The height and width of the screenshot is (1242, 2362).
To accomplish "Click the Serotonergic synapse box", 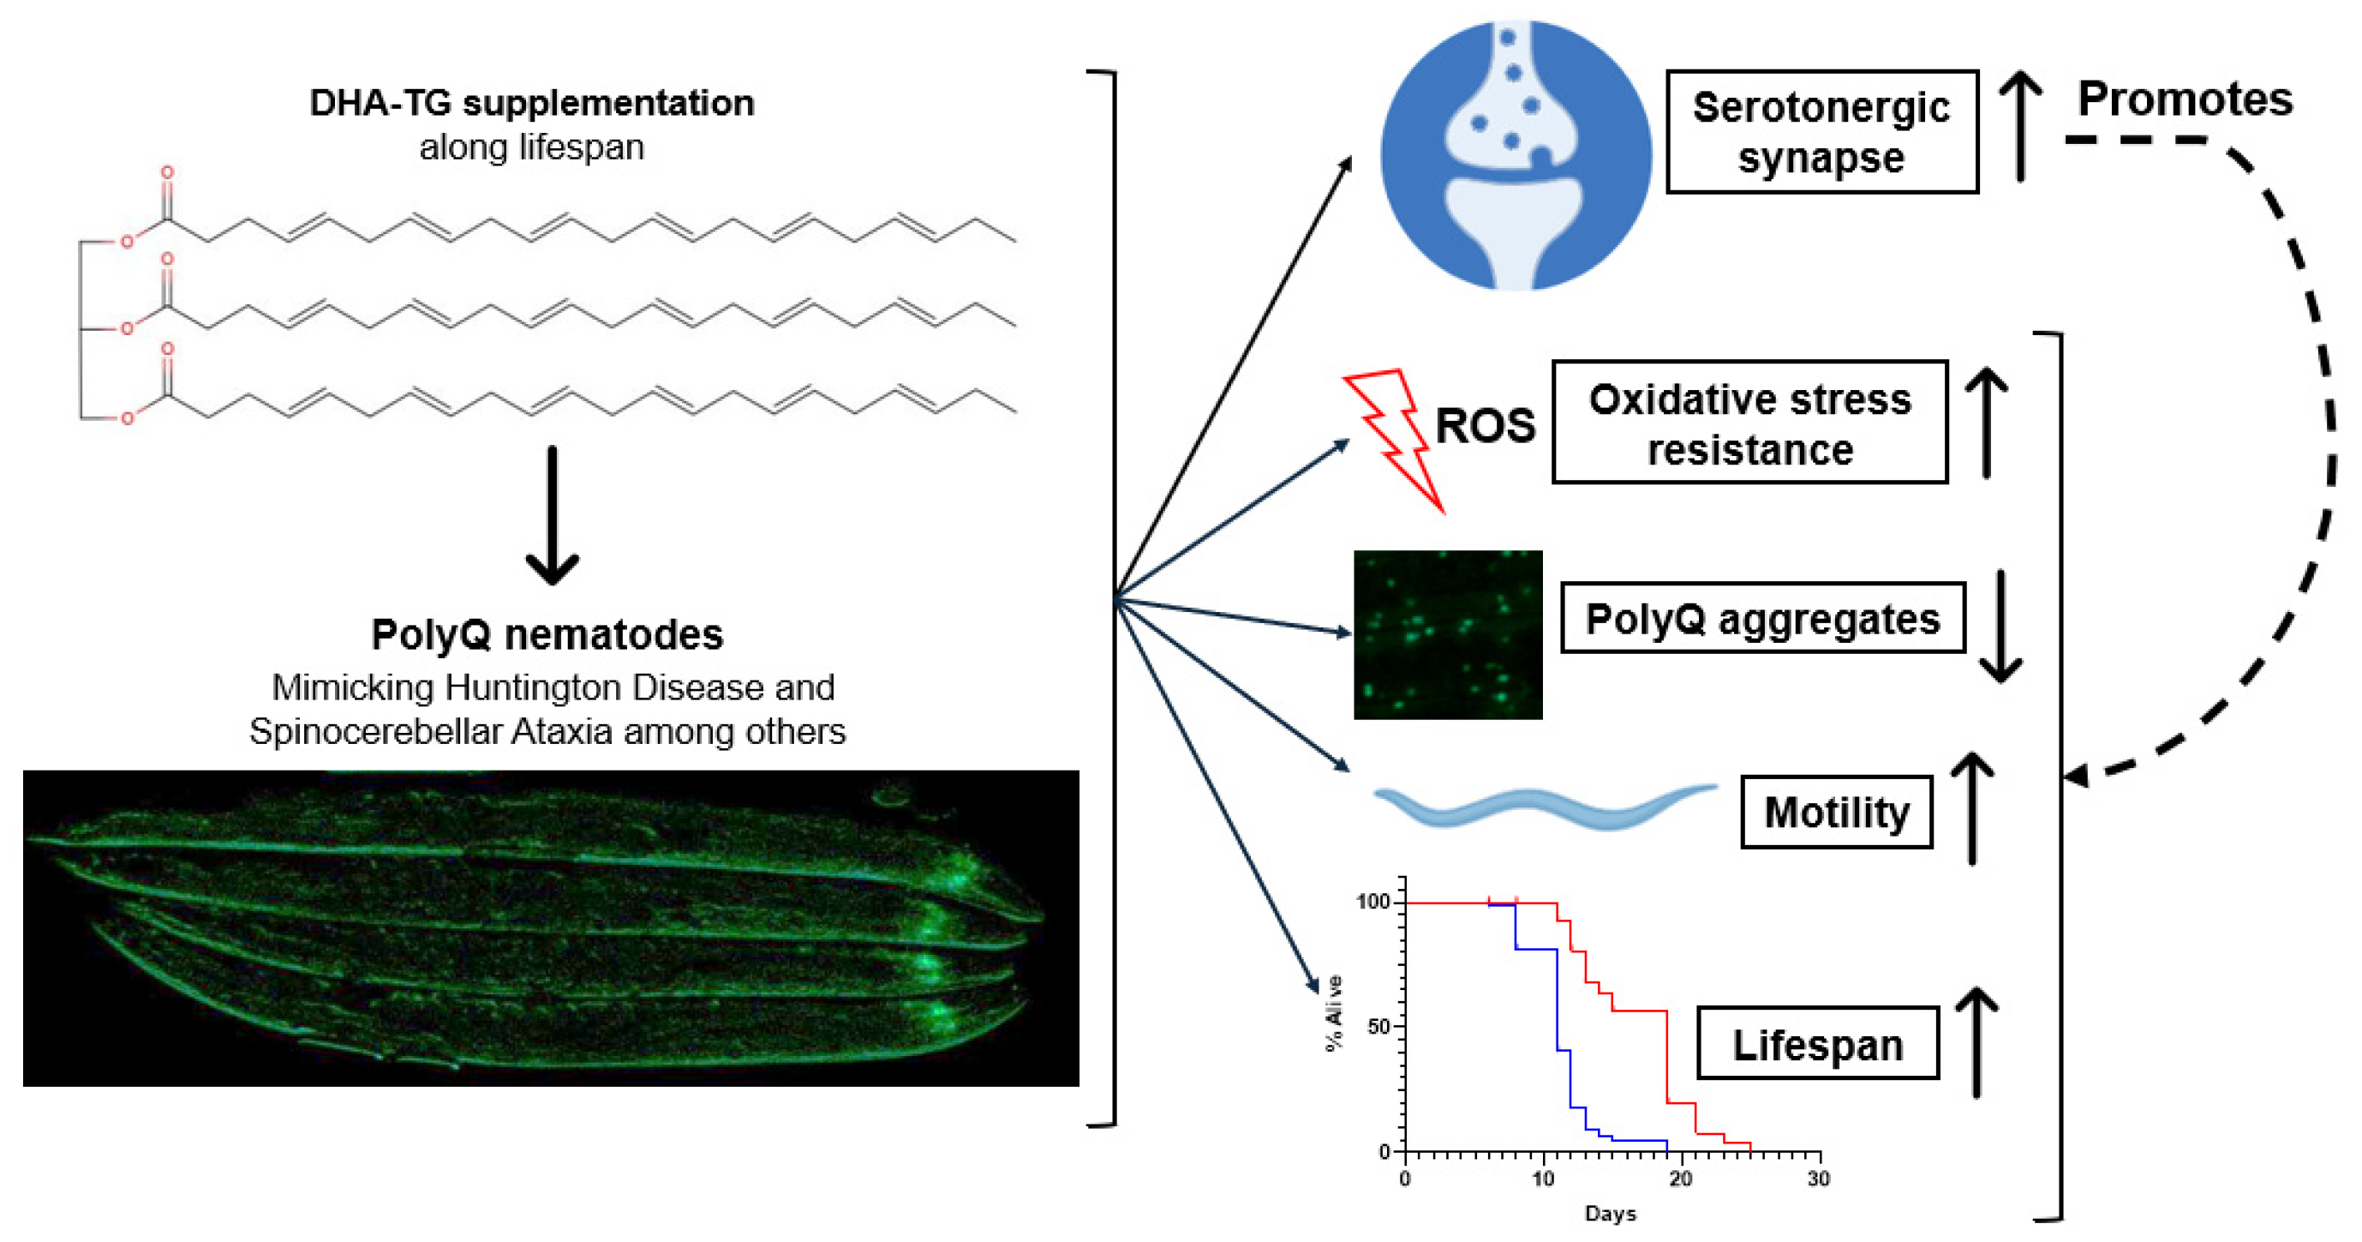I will pyautogui.click(x=1821, y=132).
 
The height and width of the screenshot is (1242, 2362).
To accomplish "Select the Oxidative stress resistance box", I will pyautogui.click(x=1749, y=423).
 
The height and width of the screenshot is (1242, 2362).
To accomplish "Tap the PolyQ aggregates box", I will pyautogui.click(x=1762, y=618).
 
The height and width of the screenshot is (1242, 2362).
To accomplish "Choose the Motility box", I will pyautogui.click(x=1837, y=812).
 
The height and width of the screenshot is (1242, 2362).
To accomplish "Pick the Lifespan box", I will pyautogui.click(x=1817, y=1044).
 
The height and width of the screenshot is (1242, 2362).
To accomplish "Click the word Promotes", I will pyautogui.click(x=2184, y=99).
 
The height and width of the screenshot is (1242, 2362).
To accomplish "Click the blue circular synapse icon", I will pyautogui.click(x=1515, y=156).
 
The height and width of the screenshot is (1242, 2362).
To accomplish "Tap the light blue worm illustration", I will pyautogui.click(x=1544, y=806).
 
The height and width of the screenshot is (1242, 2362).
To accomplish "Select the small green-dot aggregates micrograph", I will pyautogui.click(x=1448, y=635).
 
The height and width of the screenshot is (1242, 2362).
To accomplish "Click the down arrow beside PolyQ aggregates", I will pyautogui.click(x=2000, y=627).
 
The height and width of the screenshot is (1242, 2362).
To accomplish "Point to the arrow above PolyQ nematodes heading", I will pyautogui.click(x=552, y=515).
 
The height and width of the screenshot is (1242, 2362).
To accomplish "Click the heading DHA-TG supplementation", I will pyautogui.click(x=532, y=103).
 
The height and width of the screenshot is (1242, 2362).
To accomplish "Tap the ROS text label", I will pyautogui.click(x=1485, y=427).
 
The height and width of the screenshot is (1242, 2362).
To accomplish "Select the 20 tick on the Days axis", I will pyautogui.click(x=1681, y=1178).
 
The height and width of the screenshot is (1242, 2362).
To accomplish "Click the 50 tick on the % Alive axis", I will pyautogui.click(x=1379, y=1027).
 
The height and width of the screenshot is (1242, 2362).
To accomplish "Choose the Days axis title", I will pyautogui.click(x=1610, y=1214).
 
